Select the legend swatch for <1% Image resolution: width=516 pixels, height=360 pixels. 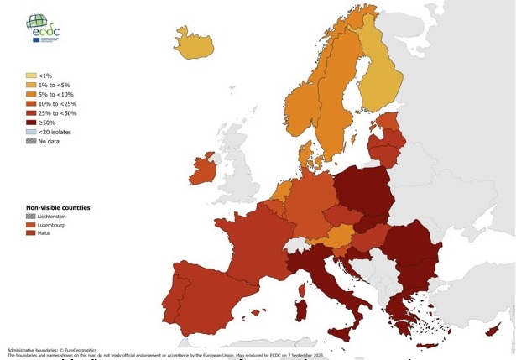tap(31, 76)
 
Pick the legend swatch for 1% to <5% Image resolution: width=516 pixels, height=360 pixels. tap(31, 85)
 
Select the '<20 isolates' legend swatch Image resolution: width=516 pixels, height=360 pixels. tap(31, 132)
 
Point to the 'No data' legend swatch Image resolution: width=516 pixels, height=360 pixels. tap(31, 141)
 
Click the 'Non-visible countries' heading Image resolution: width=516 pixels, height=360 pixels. tap(58, 206)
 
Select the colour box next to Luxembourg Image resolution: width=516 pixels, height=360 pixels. tap(31, 225)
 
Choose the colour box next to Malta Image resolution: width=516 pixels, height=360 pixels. tap(31, 234)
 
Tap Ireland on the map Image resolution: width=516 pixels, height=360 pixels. tap(205, 168)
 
